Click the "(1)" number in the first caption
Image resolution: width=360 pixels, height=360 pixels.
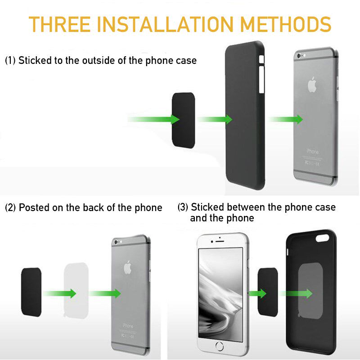pos(10,60)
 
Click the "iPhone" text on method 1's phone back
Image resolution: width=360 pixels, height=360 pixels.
pos(313,152)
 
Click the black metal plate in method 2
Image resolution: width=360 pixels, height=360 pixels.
pos(31,292)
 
